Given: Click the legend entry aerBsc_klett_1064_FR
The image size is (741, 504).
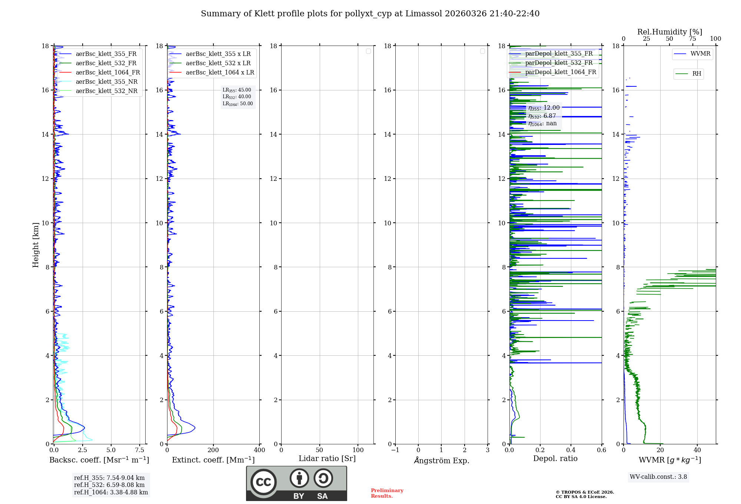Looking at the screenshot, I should [x=107, y=73].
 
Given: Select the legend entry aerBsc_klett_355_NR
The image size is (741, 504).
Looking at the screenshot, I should [x=106, y=82].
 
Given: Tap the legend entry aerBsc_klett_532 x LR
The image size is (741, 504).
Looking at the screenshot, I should [x=218, y=63].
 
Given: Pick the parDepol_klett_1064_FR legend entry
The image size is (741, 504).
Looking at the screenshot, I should [x=560, y=72].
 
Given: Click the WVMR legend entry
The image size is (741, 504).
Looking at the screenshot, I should [x=700, y=54].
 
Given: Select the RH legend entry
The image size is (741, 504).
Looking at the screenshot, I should [x=697, y=74].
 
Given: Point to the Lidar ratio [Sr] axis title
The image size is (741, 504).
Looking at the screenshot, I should [x=327, y=459].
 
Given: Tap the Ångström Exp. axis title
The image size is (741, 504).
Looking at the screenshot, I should [x=441, y=461].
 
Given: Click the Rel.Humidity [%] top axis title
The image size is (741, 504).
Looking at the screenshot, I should [x=669, y=32].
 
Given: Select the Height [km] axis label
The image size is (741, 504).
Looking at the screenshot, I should [x=36, y=245].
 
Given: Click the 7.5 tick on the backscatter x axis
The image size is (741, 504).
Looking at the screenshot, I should [x=140, y=450].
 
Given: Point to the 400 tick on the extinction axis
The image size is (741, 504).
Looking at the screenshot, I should [x=259, y=450].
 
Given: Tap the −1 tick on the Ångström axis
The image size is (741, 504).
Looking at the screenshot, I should [x=395, y=450].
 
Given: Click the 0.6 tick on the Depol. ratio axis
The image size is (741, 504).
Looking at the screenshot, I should [x=601, y=450].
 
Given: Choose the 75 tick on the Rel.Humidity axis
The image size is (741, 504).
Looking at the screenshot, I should [x=692, y=39].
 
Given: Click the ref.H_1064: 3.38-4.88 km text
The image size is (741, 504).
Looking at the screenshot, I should [x=111, y=493].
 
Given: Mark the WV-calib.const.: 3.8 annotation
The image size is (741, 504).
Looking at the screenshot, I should [x=658, y=477].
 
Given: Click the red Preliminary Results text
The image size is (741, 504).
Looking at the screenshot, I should [x=387, y=493].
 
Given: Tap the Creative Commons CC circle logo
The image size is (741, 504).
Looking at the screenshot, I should [x=263, y=482].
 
